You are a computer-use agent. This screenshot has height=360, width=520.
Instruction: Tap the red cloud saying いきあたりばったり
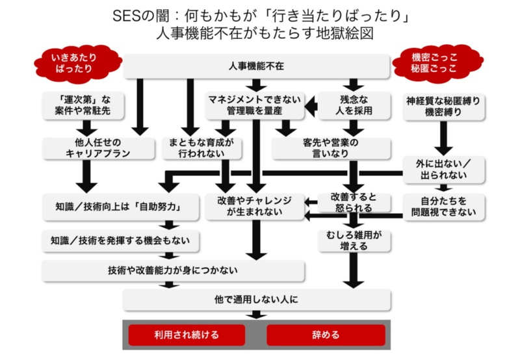pyautogui.click(x=77, y=63)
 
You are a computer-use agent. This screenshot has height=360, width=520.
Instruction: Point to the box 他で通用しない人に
pyautogui.click(x=256, y=300)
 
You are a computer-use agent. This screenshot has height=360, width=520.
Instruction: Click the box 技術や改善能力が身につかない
pyautogui.click(x=174, y=270)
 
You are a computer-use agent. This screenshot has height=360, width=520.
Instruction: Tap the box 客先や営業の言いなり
pyautogui.click(x=330, y=148)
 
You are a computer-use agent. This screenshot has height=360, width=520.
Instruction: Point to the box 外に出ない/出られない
pyautogui.click(x=444, y=170)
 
